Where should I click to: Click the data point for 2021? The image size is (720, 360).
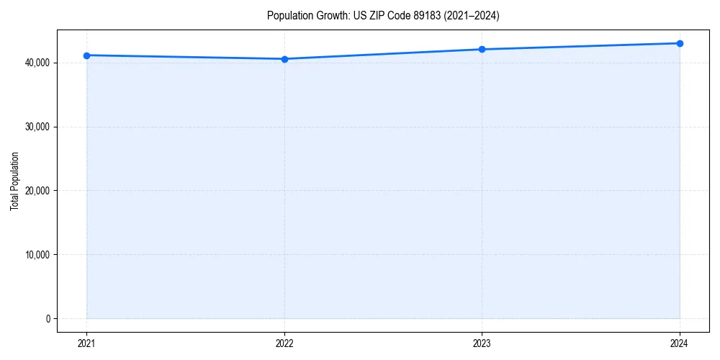tap(87, 55)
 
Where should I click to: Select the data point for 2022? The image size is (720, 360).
tap(284, 59)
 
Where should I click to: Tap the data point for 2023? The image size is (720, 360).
tap(482, 50)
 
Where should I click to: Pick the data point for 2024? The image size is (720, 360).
tap(680, 43)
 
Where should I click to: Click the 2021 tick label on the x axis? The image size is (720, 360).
tap(87, 343)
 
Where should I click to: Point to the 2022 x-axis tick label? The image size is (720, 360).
tap(284, 343)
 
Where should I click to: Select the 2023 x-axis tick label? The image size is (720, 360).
tap(482, 343)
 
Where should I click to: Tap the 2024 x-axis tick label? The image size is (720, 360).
tap(680, 343)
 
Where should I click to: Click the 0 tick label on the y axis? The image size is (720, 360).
tap(47, 319)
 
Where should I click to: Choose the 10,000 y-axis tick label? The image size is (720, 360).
tap(37, 255)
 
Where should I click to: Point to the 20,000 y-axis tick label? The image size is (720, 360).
tap(37, 191)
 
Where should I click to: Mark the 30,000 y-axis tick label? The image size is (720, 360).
tap(37, 127)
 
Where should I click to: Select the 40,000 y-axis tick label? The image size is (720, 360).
tap(37, 63)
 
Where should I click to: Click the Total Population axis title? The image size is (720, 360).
tap(14, 181)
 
